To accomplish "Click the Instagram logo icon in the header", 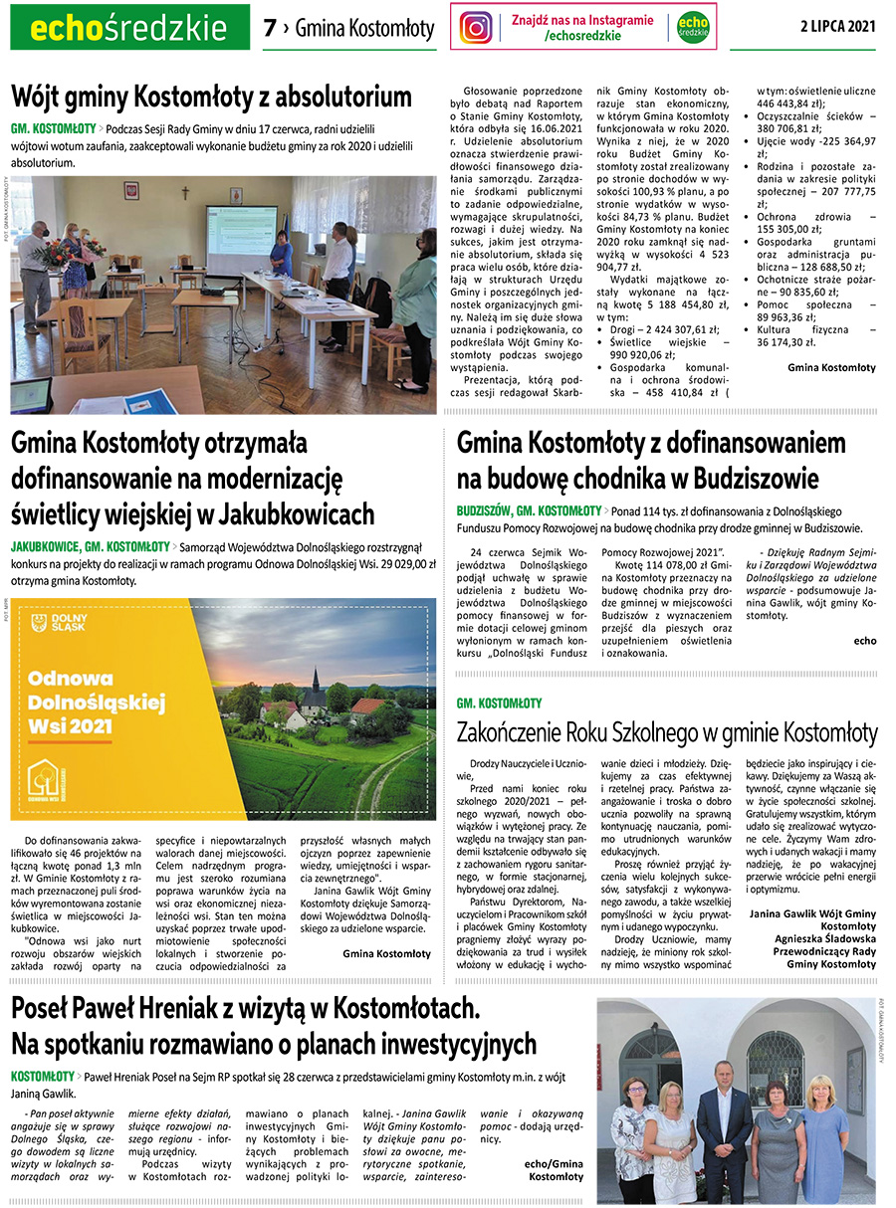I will pos(477,27).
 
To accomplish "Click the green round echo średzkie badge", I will pos(693,27).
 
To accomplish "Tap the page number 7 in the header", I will pos(270,29).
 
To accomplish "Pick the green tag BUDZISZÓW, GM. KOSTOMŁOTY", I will pos(530,510).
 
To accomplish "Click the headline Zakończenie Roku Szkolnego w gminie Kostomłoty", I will pos(667,733).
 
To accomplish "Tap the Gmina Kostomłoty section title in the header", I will pos(364,29).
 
